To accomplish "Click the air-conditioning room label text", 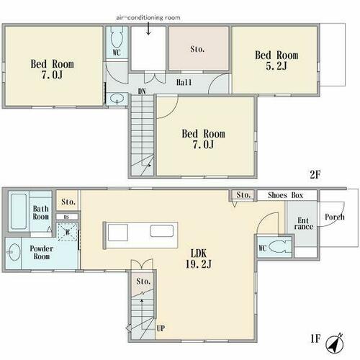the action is tap(148, 17).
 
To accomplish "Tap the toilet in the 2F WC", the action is tap(117, 37).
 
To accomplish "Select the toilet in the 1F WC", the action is tap(279, 246).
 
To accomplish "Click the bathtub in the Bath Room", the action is tap(19, 212).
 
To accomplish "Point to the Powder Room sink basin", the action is tap(14, 252).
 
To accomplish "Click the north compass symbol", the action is tap(335, 342).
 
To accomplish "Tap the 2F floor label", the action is tap(315, 175).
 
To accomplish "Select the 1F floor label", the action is tap(315, 339).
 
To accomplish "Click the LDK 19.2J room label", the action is tap(199, 258).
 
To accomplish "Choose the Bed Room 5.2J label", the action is tap(276, 60).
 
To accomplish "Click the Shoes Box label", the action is tap(285, 195).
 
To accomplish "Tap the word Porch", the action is tap(335, 217).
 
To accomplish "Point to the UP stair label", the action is tap(161, 328).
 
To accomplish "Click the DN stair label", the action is tap(142, 91).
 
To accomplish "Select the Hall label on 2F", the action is tap(184, 83).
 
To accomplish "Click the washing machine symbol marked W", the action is tap(68, 232).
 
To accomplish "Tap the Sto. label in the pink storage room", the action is tap(197, 49).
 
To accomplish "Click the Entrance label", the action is tap(304, 223).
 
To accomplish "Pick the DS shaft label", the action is tap(67, 217).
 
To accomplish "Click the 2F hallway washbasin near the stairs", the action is tap(117, 99).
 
